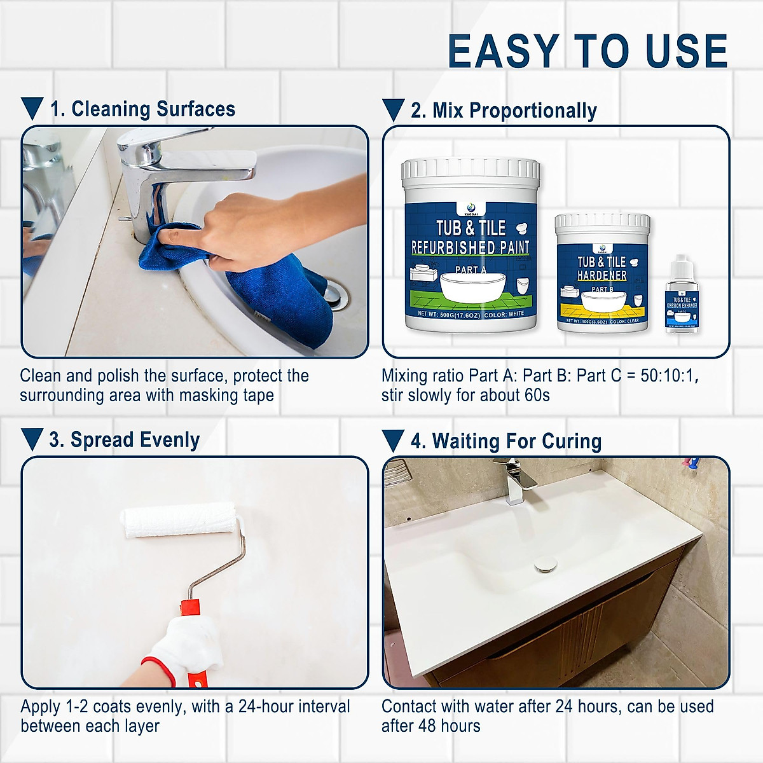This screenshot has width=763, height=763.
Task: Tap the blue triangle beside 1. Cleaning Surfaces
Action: [x=32, y=109]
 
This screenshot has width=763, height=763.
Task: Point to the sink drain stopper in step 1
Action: [x=335, y=296]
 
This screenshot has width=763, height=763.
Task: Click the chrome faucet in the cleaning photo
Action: [x=159, y=172]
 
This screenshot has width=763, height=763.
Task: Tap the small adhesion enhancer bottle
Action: [x=681, y=299]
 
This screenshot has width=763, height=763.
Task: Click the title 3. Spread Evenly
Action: [x=125, y=440]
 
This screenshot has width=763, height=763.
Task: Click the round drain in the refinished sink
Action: [x=546, y=564]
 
